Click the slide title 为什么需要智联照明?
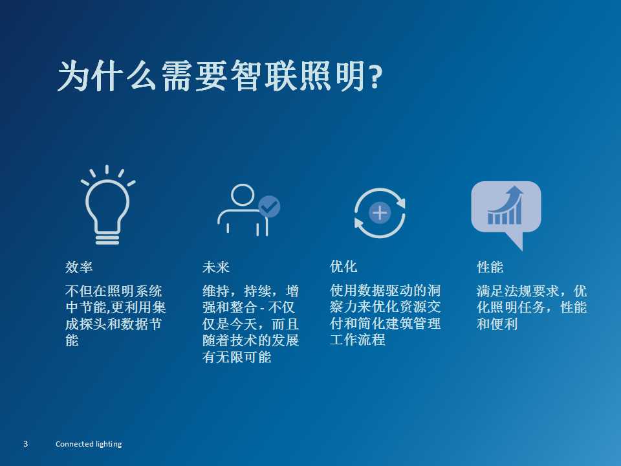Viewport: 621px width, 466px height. [x=220, y=76]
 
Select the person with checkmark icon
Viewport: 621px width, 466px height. [x=248, y=210]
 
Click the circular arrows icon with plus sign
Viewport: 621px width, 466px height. [x=380, y=213]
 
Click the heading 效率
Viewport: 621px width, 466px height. [x=79, y=267]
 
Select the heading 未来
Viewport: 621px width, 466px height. [x=216, y=267]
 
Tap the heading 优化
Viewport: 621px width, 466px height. [x=343, y=266]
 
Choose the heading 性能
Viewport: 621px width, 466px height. [x=490, y=267]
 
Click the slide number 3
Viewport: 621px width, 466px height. [x=26, y=444]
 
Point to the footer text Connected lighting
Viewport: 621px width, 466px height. [x=89, y=444]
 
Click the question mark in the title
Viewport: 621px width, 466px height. [x=375, y=77]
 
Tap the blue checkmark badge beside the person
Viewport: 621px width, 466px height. [x=269, y=206]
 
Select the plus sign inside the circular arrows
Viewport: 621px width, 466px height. [x=380, y=213]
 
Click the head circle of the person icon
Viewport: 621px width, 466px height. [x=243, y=195]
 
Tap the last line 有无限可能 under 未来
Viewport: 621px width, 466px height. [x=237, y=357]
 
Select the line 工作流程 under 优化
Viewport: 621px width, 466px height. [x=357, y=340]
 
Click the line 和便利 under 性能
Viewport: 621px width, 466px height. [x=497, y=324]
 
